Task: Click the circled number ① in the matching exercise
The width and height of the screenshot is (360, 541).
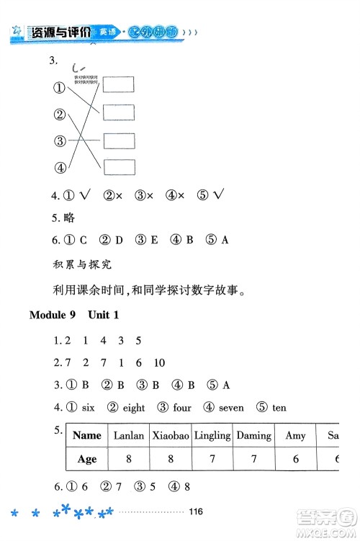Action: point(60,88)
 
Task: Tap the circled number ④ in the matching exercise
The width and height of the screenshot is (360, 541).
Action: point(60,167)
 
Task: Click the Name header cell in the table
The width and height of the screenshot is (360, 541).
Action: point(87,435)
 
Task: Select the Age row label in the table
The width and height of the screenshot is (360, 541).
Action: point(87,460)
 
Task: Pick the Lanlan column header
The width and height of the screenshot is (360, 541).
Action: point(130,435)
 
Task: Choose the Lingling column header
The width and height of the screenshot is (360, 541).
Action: point(212,435)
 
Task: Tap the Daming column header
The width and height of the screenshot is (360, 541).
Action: point(254,435)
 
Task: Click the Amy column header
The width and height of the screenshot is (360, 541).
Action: point(295,435)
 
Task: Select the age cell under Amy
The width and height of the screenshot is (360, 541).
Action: point(295,460)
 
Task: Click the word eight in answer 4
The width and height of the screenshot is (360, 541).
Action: point(134,408)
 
